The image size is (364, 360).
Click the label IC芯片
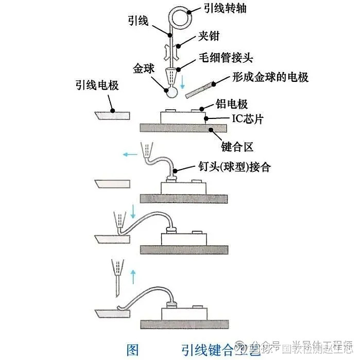(x=245, y=119)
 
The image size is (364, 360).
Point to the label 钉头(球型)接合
(x=235, y=167)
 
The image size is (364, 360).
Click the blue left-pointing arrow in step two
(x=129, y=153)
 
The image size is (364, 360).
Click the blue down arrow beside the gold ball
(x=182, y=82)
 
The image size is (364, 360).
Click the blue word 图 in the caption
(x=132, y=350)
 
